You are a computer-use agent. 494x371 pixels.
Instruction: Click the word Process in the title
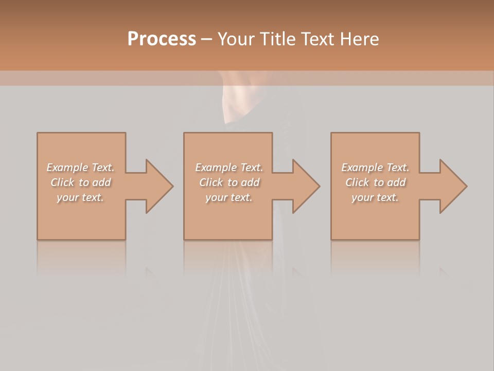tap(162, 39)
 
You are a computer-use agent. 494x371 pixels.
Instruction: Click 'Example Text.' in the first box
tap(80, 167)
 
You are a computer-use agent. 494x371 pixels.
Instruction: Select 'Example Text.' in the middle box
tap(228, 167)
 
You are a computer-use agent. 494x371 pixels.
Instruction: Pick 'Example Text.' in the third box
tap(375, 167)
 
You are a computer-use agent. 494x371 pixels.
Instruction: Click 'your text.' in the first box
tap(80, 197)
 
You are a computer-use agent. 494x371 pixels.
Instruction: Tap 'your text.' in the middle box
tap(228, 197)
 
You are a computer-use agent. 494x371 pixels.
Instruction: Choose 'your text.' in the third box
tap(375, 197)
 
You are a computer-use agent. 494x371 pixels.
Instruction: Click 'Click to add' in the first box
tap(80, 182)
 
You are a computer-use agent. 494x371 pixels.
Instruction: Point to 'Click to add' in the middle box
tap(228, 182)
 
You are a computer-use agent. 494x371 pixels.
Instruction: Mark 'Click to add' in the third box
tap(375, 182)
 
